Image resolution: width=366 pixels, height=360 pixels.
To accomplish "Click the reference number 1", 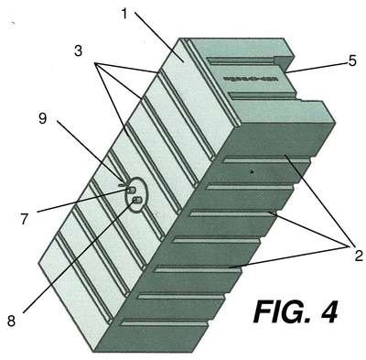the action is coord(124,14).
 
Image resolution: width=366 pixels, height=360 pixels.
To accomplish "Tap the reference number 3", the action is coord(79,50).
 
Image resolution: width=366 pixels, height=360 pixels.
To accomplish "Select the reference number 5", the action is coord(352,61).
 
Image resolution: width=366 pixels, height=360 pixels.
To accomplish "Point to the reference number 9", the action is coord(43,118).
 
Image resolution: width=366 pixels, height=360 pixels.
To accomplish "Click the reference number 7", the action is coord(25,219).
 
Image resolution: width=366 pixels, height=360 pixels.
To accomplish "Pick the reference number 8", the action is coord(11,321).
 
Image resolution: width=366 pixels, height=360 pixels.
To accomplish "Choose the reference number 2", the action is coord(359,256).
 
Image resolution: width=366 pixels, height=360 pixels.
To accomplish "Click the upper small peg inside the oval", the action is coord(132,191).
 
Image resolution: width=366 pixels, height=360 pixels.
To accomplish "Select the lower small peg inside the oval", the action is coord(137,201).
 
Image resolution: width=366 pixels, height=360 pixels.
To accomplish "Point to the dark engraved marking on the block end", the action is coord(251,79).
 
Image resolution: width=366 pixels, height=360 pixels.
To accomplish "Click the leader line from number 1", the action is coord(159,38).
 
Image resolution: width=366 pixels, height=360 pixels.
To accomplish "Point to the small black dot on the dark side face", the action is coord(252,172).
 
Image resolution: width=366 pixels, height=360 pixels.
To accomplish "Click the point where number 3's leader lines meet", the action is coord(96,63).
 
